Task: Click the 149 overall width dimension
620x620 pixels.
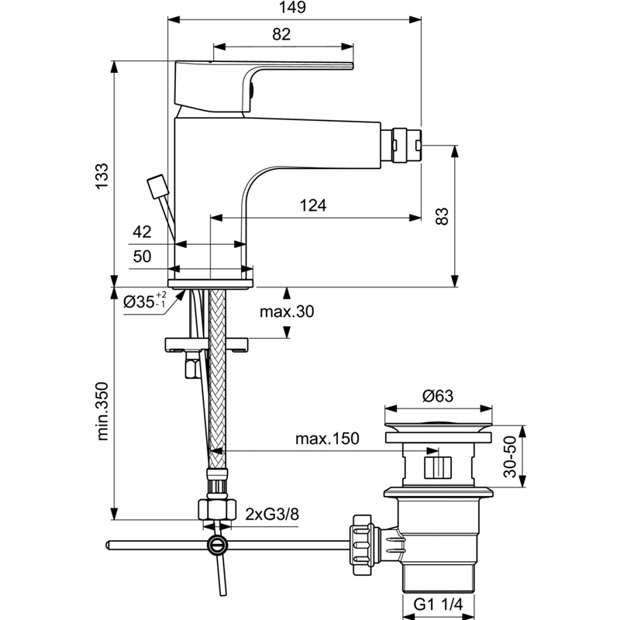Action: (x=293, y=8)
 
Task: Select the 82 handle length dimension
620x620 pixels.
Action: (x=281, y=34)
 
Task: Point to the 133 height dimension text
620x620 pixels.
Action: (x=102, y=177)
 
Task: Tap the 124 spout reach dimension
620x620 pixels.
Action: (x=313, y=205)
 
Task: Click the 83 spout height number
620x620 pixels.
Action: (x=442, y=216)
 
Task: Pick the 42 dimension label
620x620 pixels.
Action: (x=142, y=232)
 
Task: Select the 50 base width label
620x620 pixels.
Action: (x=142, y=257)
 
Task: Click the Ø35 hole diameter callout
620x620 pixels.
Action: (x=145, y=301)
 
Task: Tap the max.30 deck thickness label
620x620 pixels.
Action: (x=287, y=312)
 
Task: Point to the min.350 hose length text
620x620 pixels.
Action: (x=102, y=412)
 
